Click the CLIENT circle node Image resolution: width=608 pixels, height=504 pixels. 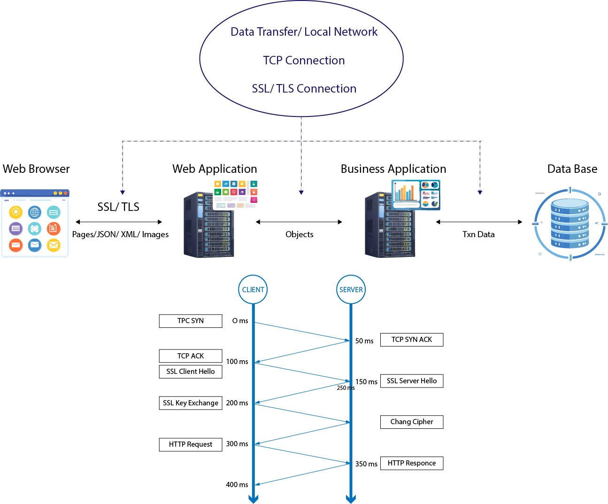pos(253,289)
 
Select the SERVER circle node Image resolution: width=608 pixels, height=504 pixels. pos(351,289)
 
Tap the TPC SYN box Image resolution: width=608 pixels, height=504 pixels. pos(191,321)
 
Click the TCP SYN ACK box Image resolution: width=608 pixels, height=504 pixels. pos(412,340)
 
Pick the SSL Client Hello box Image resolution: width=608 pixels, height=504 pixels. pos(191,372)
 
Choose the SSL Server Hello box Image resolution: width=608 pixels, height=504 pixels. pos(412,381)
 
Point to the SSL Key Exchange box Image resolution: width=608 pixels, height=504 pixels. pos(191,403)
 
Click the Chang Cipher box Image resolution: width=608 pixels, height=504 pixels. pos(412,422)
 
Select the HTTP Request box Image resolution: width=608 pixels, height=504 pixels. pos(191,444)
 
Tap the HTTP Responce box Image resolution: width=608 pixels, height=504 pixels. pos(412,463)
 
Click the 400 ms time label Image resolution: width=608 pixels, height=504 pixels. pos(237,485)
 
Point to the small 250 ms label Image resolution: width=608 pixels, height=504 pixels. pos(346,388)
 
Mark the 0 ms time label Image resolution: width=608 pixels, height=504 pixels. pos(240,321)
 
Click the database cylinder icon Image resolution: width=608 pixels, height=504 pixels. pos(570,224)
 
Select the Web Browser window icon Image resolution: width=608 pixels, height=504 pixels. pos(35,224)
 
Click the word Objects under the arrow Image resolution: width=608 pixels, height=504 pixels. pos(299,234)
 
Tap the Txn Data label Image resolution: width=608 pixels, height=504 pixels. pos(478,234)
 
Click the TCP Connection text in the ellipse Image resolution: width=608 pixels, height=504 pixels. pos(304,61)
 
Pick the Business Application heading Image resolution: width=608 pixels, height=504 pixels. pos(393,169)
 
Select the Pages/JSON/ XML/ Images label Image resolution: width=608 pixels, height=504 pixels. pos(120,234)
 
